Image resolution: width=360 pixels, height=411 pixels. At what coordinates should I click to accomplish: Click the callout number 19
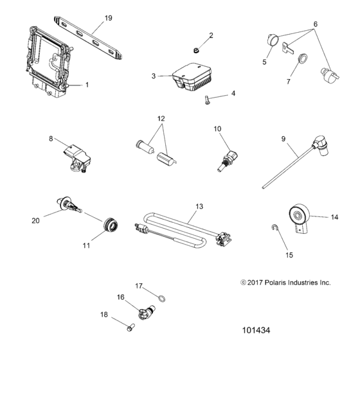click(108, 17)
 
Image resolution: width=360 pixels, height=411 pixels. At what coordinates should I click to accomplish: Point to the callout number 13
click(199, 207)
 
